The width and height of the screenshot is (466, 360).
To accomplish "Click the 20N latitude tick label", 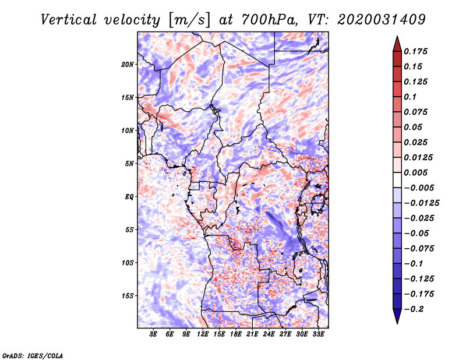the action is [128, 65].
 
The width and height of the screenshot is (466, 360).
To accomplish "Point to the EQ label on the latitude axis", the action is [129, 197].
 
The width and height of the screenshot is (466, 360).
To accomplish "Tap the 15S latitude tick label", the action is [128, 296].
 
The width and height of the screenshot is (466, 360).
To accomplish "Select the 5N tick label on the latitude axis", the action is [129, 164].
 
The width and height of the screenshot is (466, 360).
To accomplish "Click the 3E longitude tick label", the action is [153, 334].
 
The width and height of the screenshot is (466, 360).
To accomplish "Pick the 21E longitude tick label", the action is [252, 334].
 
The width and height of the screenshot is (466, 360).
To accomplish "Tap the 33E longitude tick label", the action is [318, 334].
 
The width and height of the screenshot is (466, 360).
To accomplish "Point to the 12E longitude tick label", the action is [203, 334].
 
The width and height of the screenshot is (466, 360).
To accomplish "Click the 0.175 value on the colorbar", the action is [415, 51].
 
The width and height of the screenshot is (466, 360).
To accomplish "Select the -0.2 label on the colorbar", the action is [414, 309].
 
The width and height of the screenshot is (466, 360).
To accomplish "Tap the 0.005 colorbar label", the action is [415, 172].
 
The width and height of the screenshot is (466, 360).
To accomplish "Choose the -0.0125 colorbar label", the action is [421, 203].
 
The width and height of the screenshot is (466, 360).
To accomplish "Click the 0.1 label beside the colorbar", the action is [410, 97].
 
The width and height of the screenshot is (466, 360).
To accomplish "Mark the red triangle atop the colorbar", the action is [397, 44].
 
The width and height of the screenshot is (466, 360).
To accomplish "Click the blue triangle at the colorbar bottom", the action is [397, 316].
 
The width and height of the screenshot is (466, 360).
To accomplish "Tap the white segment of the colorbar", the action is [397, 180].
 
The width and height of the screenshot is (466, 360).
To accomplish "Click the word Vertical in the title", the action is [69, 20].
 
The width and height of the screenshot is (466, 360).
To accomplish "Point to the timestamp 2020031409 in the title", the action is [382, 20].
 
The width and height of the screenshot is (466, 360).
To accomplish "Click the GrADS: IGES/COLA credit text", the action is [33, 356].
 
